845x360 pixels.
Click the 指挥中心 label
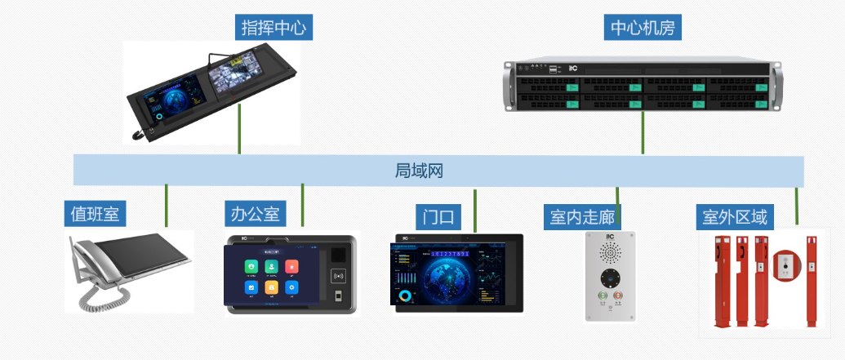pos(274,28)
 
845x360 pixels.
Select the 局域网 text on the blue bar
pos(419,171)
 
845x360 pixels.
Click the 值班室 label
pos(95,214)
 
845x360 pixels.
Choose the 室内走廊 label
pos(581,216)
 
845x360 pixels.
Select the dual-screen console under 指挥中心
pos(212,94)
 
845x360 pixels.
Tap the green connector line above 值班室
pos(167,206)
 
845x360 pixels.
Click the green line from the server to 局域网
pos(643,132)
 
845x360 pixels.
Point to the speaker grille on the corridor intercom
pos(609,251)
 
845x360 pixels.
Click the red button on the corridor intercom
pos(618,296)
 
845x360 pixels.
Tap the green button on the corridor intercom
pos(602,296)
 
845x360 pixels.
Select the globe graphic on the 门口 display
pos(445,275)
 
